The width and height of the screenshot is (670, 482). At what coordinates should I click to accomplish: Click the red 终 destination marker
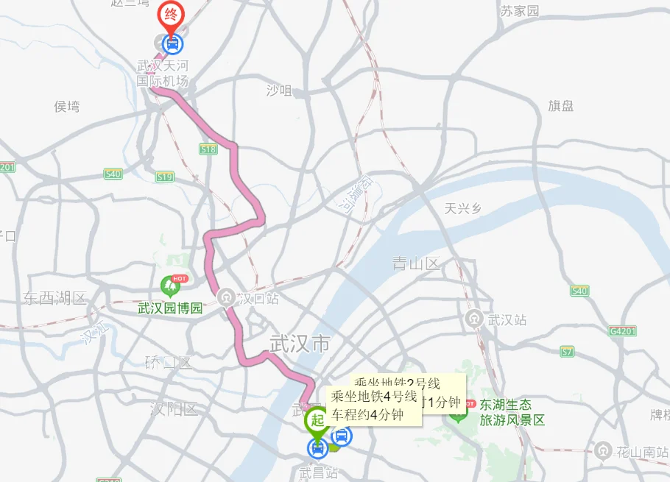(x=171, y=15)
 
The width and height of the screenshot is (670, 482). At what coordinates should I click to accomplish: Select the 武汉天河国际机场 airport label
(x=163, y=74)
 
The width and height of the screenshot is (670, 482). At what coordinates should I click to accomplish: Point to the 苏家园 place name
(x=519, y=11)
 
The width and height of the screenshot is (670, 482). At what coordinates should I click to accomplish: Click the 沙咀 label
(x=279, y=91)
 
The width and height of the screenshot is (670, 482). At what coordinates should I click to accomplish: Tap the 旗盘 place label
(x=560, y=106)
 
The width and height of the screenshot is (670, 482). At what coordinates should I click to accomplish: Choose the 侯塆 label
(x=67, y=107)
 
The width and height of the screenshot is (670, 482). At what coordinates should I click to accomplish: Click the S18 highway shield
(x=208, y=149)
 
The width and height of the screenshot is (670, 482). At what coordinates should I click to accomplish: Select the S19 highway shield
(x=165, y=177)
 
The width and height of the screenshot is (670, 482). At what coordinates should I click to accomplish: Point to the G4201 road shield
(x=622, y=331)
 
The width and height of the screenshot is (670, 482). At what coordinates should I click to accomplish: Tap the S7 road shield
(x=566, y=352)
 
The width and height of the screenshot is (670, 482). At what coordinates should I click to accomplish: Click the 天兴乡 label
(x=463, y=208)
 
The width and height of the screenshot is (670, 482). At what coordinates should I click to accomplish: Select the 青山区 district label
(x=416, y=263)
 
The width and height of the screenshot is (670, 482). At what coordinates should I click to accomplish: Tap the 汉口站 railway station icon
(x=227, y=297)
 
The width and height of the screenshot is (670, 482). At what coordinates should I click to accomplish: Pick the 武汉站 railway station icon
(x=475, y=319)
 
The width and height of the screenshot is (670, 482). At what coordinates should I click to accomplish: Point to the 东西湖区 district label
(x=54, y=298)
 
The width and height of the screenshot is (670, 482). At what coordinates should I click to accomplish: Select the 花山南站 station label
(x=642, y=450)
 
